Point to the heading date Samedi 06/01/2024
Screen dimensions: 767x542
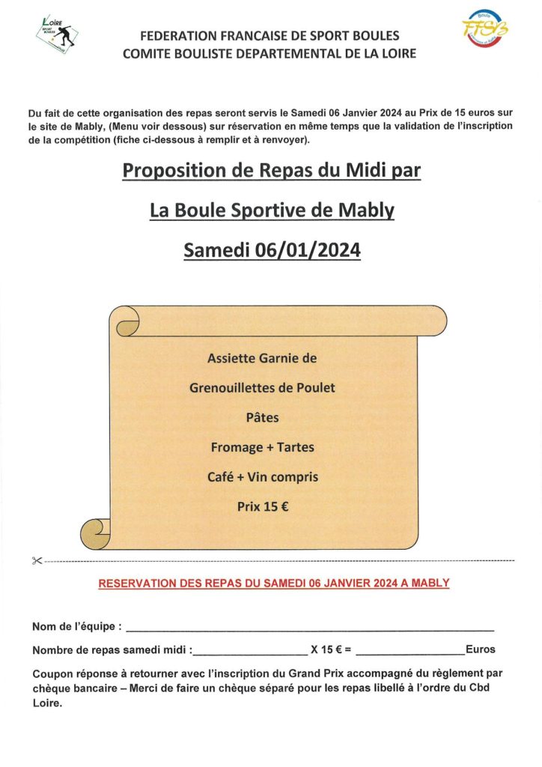click(x=272, y=250)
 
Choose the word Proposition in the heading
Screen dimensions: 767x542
click(x=173, y=171)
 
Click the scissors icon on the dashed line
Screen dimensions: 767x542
click(x=37, y=561)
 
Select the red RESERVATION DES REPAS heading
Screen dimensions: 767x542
click(x=274, y=583)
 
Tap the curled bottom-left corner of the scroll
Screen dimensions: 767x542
click(x=97, y=533)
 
